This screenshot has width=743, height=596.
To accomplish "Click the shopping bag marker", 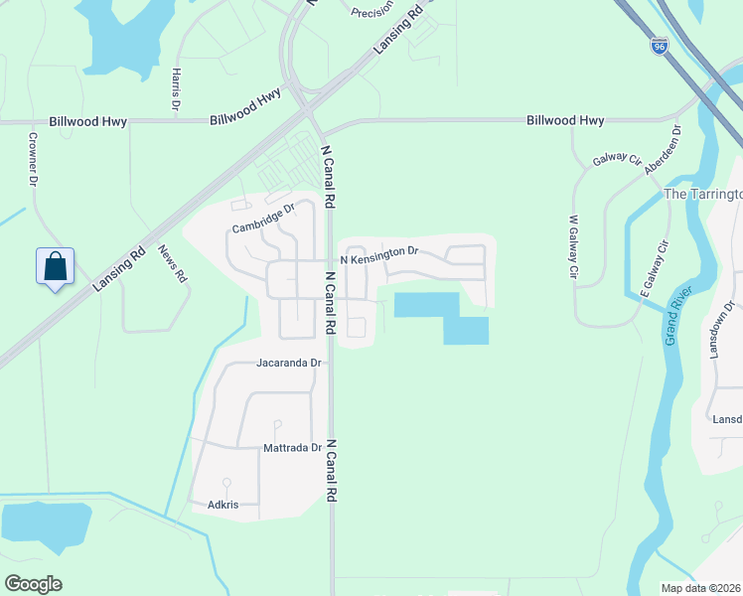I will pos(56,266).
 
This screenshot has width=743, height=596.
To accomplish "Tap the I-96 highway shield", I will pos(660,46).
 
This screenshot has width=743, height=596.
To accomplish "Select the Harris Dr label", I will pos(176,89).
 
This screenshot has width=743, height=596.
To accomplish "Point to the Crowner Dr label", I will pos(32,160).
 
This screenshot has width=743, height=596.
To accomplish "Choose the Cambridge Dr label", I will pos(263,219).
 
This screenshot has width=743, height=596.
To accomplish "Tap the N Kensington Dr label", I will pos(379,258).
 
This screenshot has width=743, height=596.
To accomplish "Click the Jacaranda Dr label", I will pos(290,364).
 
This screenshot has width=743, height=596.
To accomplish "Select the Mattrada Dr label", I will pos(292,448).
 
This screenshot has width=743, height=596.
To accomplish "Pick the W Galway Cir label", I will pos(573,247).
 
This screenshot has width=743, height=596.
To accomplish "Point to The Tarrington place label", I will pos(702,194).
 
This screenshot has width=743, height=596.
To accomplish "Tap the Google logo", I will pos(34,584).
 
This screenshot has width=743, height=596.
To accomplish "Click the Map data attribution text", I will pos(699,588).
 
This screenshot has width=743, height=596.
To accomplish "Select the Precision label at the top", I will pos(373,11).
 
